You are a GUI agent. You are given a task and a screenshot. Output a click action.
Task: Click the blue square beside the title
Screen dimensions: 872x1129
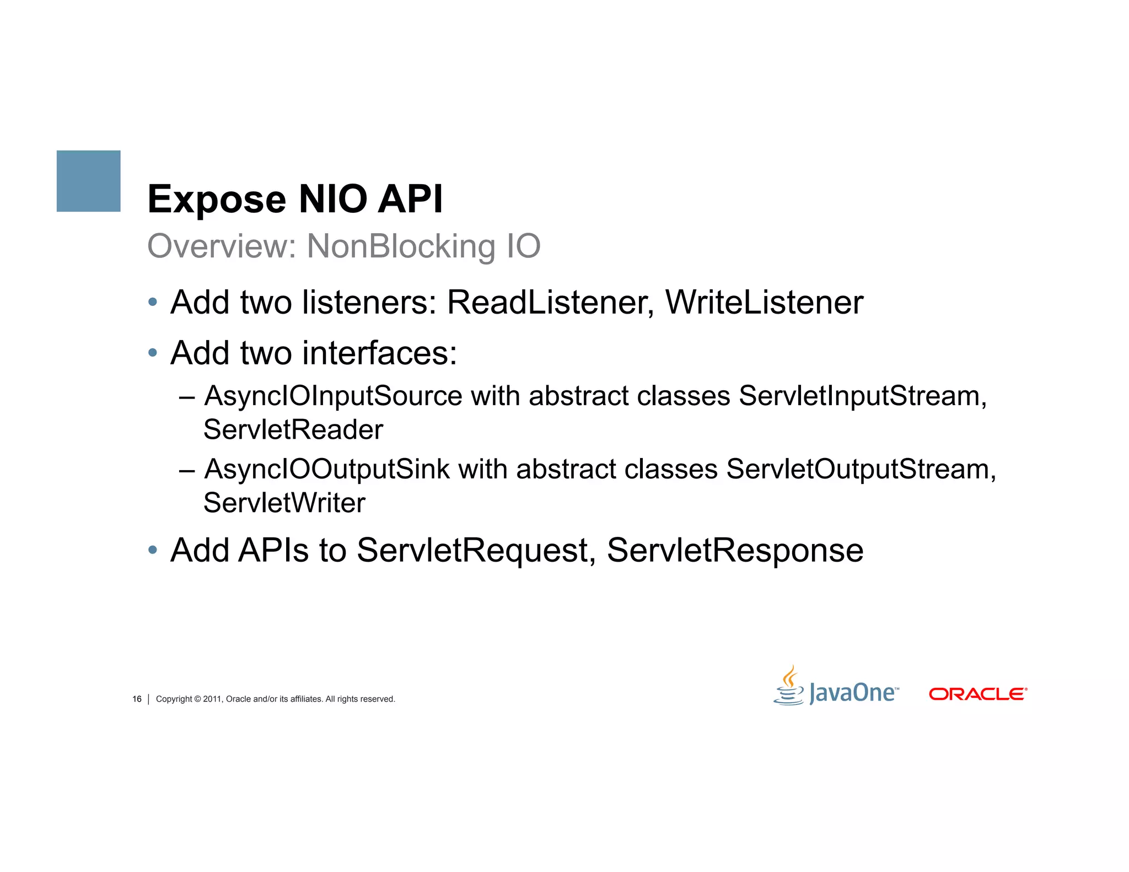coord(88,181)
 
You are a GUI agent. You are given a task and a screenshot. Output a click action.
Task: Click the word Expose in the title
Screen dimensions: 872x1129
coord(217,200)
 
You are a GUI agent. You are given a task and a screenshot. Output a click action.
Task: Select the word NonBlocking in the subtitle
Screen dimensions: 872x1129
coord(401,246)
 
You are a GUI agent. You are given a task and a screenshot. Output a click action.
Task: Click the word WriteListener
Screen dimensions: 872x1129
coord(764,303)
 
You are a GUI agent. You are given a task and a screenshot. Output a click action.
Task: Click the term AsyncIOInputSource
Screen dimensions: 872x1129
coord(334,396)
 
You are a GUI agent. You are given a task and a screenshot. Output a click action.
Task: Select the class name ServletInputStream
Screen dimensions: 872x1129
coord(862,396)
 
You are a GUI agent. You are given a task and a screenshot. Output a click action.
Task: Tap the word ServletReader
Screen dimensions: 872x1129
coord(293,430)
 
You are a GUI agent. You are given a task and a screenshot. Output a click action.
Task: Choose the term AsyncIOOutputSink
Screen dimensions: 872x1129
coord(327,470)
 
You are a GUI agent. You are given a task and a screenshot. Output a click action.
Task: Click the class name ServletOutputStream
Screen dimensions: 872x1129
coord(861,470)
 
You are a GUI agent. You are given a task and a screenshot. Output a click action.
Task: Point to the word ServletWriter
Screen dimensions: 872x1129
coord(284,503)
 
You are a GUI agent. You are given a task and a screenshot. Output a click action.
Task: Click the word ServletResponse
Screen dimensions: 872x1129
coord(735,550)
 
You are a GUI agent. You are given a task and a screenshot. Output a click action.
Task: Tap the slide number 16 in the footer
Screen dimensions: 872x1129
coord(137,699)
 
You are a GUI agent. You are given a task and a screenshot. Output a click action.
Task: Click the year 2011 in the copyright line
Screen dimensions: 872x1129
coord(212,699)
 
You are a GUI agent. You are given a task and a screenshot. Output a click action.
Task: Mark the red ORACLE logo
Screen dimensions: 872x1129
coord(977,694)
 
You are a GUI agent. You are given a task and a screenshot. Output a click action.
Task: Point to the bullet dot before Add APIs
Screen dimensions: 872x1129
coord(153,550)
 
